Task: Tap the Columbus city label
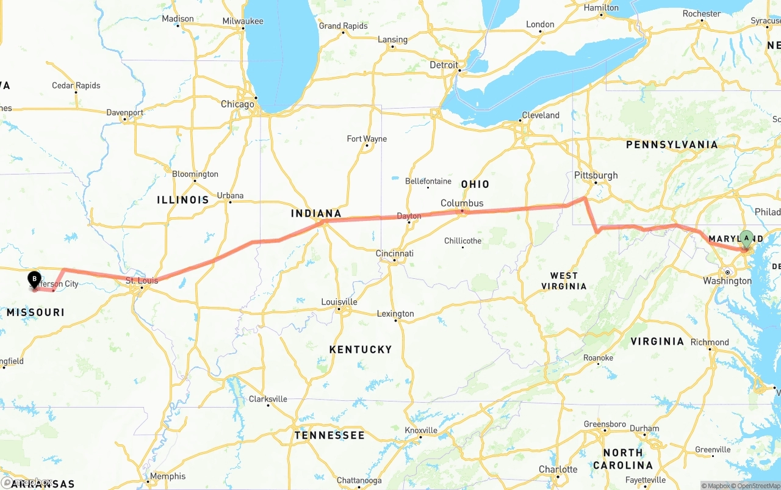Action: point(462,203)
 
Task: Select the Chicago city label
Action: point(237,104)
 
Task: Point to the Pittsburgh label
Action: point(596,176)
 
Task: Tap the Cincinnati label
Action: point(394,253)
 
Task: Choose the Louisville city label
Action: point(339,302)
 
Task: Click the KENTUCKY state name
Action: point(360,350)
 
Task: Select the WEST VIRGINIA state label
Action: point(564,281)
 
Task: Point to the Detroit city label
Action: point(444,65)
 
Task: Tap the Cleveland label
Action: point(540,115)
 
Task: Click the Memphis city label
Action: point(167,476)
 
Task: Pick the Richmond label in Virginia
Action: point(710,342)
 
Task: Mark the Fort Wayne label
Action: point(367,139)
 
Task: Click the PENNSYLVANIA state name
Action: point(672,145)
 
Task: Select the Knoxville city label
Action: point(421,430)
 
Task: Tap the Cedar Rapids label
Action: point(76,85)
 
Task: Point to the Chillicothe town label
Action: point(462,241)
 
